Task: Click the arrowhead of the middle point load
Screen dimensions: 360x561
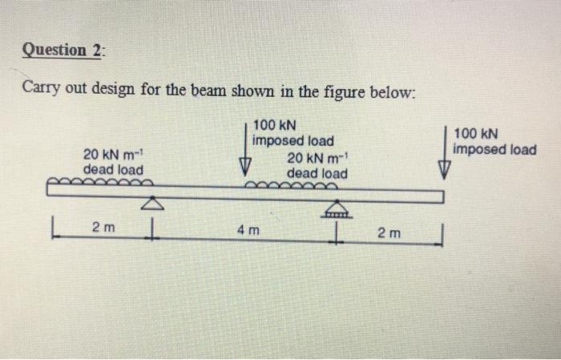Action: click(x=246, y=166)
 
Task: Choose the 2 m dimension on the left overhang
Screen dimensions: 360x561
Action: click(x=103, y=228)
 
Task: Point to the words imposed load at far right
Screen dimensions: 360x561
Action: click(x=494, y=149)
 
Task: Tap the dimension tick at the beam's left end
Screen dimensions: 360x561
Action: click(x=50, y=228)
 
